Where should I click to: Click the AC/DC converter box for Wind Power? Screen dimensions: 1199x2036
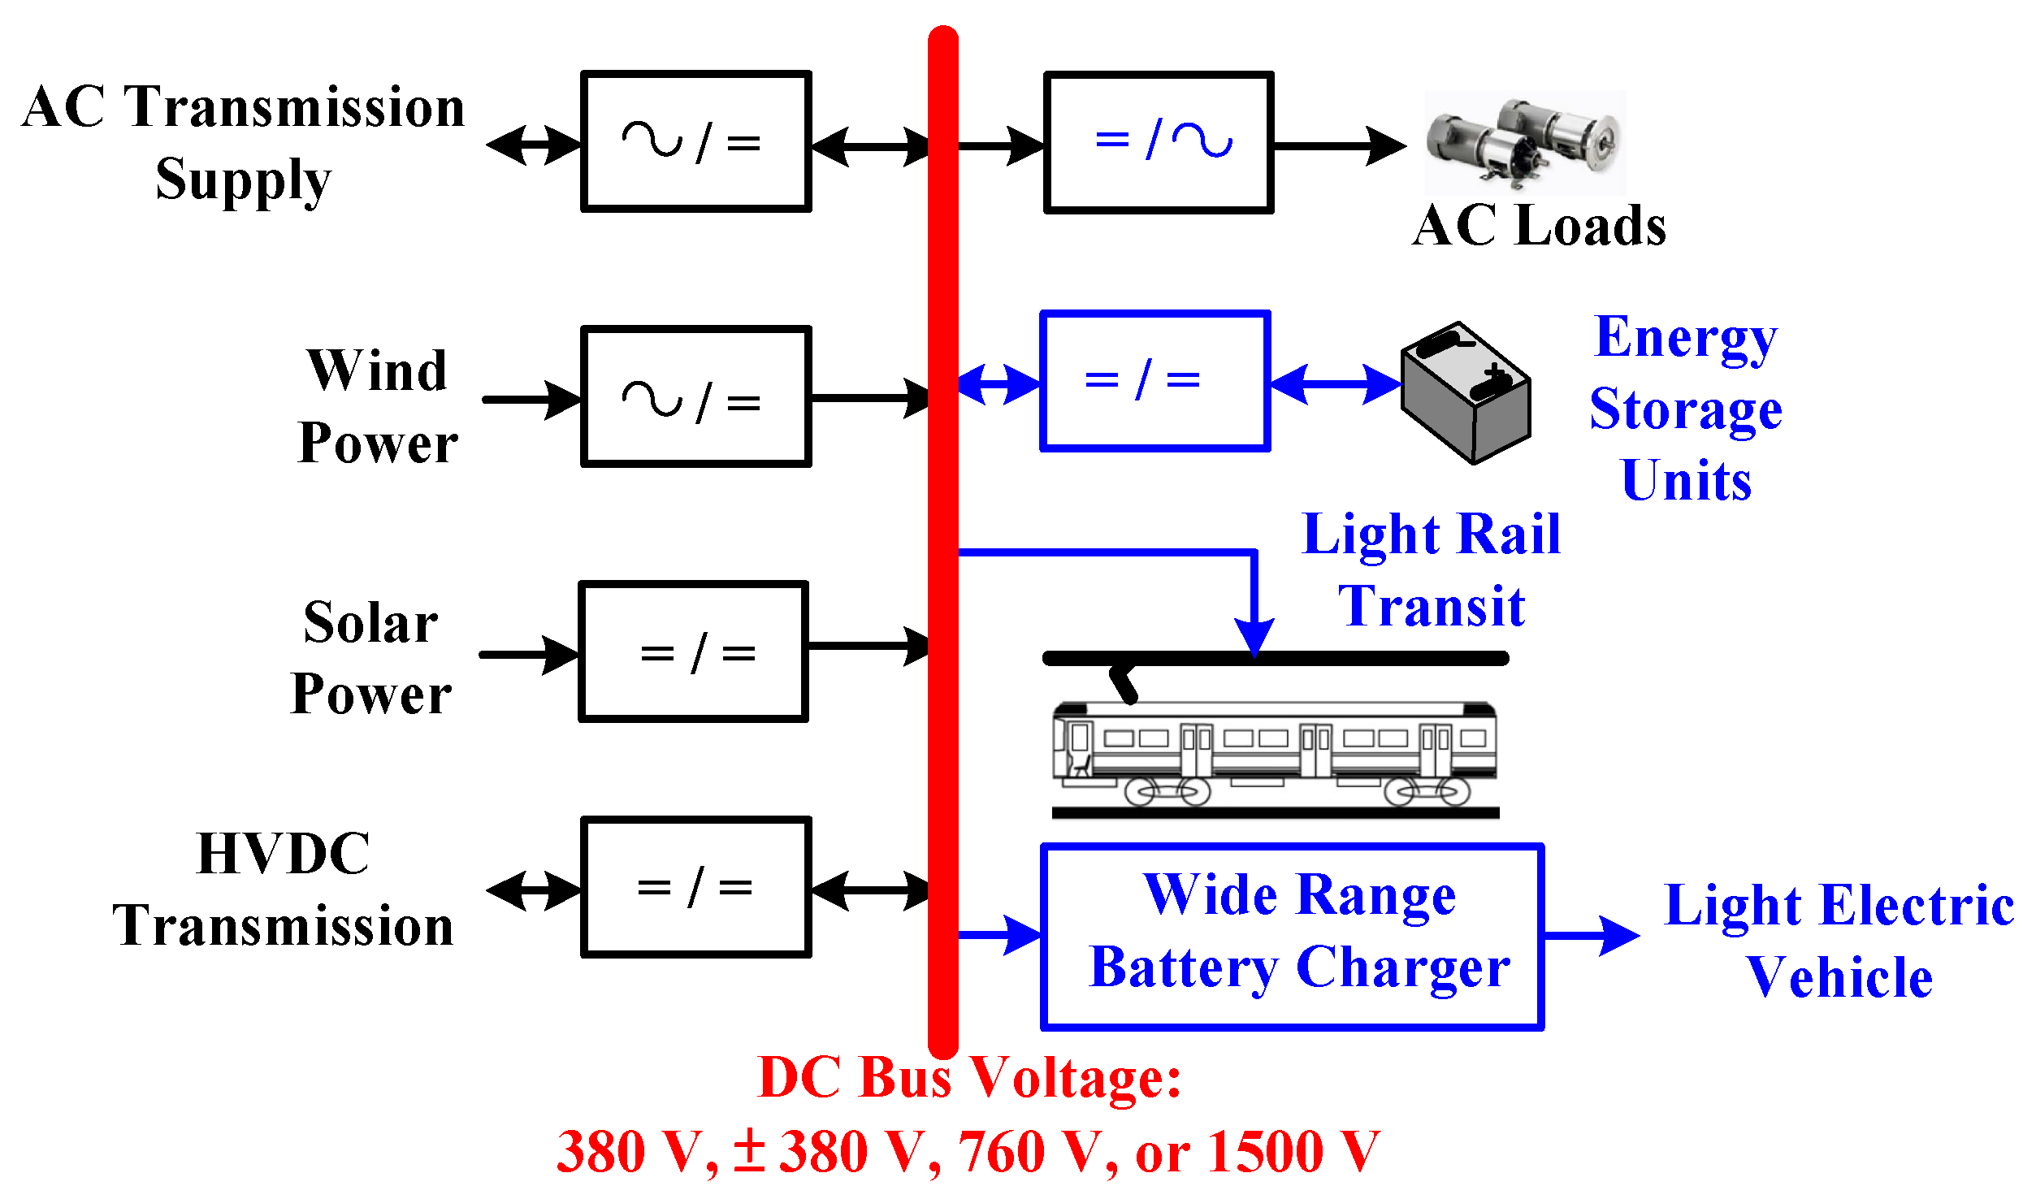click(695, 396)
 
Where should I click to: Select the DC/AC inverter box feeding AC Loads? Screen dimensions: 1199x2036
click(1158, 143)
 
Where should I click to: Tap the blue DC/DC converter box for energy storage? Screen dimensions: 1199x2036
click(1154, 380)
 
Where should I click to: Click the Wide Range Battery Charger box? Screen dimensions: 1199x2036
click(1291, 936)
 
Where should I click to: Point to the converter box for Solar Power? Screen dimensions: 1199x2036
click(693, 651)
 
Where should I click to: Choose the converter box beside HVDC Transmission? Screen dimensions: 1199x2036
click(695, 887)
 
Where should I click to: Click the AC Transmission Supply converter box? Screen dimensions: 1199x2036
click(695, 141)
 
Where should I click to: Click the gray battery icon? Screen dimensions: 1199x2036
click(1466, 393)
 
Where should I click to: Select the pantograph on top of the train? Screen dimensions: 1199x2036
click(1124, 683)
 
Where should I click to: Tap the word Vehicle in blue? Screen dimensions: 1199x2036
click(1839, 977)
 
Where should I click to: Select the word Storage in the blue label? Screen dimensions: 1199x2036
click(1686, 409)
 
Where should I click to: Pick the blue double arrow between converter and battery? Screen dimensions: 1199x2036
click(1335, 383)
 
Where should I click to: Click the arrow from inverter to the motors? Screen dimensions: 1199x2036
click(1341, 146)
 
